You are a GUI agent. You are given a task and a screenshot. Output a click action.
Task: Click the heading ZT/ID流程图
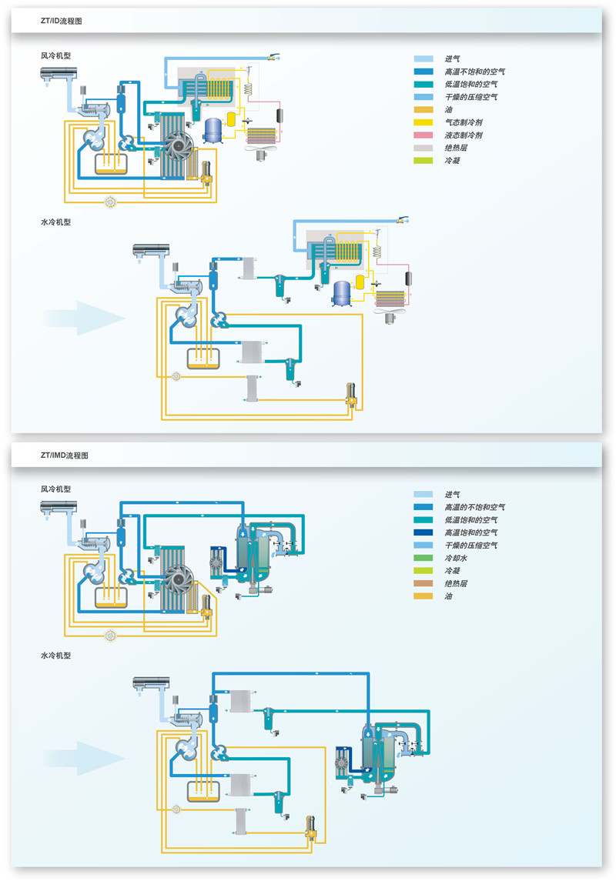coord(62,22)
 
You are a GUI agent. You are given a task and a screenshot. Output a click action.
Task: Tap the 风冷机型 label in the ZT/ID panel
coord(56,55)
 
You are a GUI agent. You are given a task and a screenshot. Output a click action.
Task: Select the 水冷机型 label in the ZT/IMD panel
coord(56,656)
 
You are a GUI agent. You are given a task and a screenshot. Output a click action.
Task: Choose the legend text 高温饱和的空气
coord(470,532)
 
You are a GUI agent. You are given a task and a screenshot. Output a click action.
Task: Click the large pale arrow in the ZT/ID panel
coord(85,318)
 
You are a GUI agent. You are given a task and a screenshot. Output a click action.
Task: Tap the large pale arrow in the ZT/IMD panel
coord(85,758)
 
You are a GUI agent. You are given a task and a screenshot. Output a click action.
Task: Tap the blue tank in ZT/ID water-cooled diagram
coord(341,293)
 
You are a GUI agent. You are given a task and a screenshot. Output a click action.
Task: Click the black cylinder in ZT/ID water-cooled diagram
coord(408,279)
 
